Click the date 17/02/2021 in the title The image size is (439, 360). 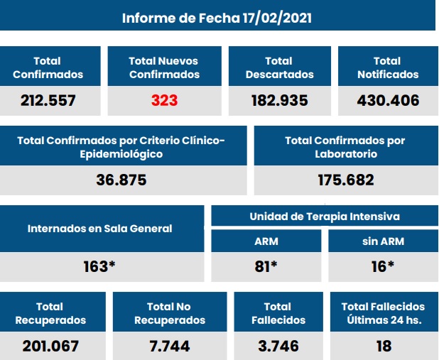[272, 18]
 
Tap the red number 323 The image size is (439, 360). [164, 101]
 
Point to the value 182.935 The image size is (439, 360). [279, 101]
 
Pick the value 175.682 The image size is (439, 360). [345, 180]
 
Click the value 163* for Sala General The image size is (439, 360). [100, 268]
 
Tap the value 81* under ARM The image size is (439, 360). [266, 266]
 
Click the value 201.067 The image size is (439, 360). [50, 347]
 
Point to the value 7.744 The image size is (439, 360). [169, 347]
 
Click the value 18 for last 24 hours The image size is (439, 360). [383, 347]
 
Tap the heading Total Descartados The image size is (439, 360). [278, 68]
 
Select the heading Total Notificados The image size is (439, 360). [387, 68]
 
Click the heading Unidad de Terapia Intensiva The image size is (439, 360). [324, 216]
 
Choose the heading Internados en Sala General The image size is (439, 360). [100, 229]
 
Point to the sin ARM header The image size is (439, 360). [383, 241]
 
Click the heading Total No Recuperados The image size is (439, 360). [169, 313]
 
